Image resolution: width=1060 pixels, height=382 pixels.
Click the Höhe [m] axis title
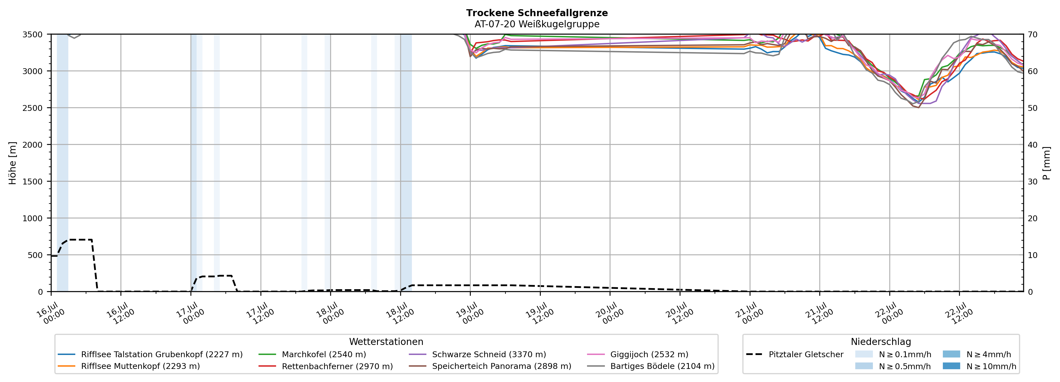12,163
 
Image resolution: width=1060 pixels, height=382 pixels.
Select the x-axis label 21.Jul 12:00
820,313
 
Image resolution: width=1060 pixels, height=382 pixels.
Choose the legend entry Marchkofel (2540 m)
312,354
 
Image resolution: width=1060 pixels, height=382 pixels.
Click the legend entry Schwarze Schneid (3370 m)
477,354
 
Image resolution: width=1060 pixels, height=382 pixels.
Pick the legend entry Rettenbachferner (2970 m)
326,366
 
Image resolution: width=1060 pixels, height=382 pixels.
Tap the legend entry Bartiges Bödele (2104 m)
651,366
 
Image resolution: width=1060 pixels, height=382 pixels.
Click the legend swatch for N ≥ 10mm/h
951,366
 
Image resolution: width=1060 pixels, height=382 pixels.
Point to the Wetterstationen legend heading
386,342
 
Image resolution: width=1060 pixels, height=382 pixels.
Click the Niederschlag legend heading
881,342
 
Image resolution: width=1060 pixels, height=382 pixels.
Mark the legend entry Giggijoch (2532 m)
638,354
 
